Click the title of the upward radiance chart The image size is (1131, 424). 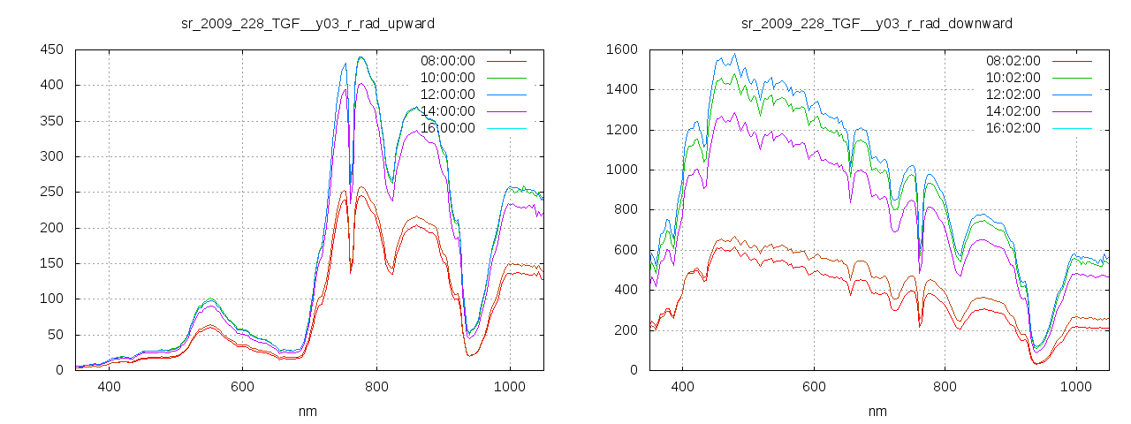point(307,23)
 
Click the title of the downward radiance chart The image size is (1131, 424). point(877,23)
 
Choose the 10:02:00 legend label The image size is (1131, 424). point(1013,78)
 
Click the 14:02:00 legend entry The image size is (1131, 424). point(1013,111)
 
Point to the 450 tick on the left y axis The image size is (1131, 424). point(51,49)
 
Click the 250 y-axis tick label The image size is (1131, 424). point(51,192)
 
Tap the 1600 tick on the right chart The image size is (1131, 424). point(621,49)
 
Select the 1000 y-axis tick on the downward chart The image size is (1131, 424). point(621,170)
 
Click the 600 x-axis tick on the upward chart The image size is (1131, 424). point(242,386)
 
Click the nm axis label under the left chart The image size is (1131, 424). point(308,411)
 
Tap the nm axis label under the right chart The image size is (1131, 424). point(877,411)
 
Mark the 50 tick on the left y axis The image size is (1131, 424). point(55,335)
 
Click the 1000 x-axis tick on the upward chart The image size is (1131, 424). point(509,386)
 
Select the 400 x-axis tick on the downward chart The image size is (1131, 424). point(682,386)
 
